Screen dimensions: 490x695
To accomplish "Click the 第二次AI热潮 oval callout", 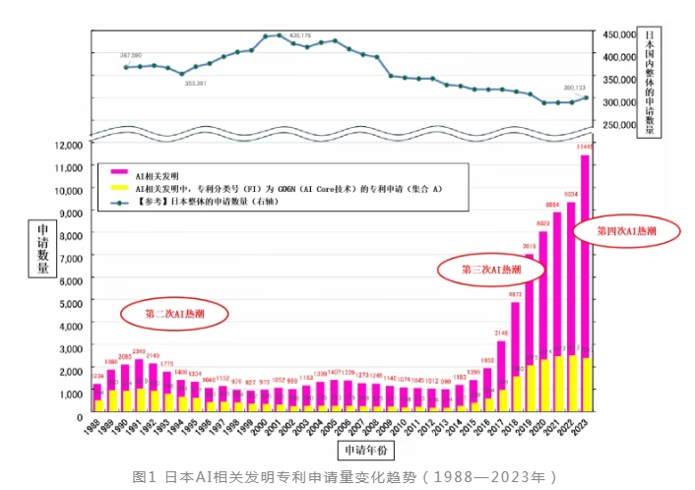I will click(174, 314).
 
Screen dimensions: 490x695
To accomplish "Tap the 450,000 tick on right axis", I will click(619, 34).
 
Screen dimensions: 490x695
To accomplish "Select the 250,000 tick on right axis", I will click(619, 125).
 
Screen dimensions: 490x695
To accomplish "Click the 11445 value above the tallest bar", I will click(585, 147).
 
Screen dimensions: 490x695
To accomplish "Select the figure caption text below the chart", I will click(346, 477).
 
